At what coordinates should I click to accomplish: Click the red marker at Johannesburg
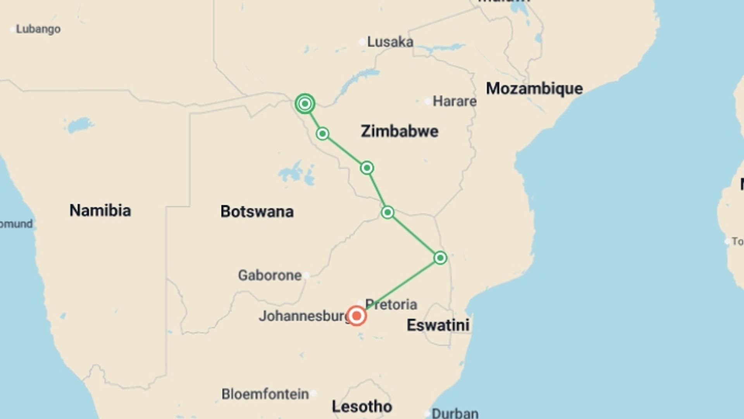[356, 316]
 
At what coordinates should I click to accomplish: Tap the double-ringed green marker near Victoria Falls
[305, 104]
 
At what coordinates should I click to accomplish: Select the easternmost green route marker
[440, 258]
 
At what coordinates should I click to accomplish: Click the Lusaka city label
[390, 42]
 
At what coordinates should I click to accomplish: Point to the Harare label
[454, 101]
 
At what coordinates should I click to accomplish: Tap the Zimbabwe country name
[400, 131]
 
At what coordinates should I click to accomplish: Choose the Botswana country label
[257, 211]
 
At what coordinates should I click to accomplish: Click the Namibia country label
[100, 210]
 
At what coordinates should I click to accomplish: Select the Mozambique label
[534, 88]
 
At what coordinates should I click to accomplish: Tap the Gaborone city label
[270, 275]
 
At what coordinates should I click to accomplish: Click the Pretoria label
[391, 305]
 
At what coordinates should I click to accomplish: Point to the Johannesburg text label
[304, 316]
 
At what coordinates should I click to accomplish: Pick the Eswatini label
[438, 325]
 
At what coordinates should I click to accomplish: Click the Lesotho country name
[362, 407]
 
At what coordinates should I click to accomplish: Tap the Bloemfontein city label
[265, 394]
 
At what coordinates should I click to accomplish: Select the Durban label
[455, 413]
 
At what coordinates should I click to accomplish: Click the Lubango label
[38, 29]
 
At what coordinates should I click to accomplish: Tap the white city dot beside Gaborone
[307, 275]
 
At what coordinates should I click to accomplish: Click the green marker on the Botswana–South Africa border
[387, 212]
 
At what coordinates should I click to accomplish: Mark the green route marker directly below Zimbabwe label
[367, 168]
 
